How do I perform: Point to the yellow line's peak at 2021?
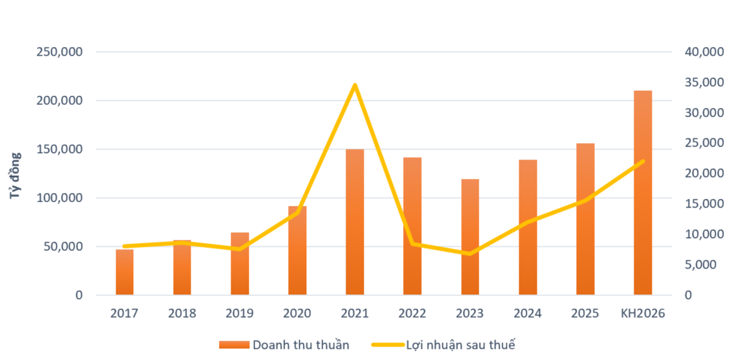[354, 86]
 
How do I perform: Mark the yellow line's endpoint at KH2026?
[642, 161]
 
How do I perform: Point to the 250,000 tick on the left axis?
[59, 52]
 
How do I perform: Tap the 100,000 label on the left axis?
[59, 198]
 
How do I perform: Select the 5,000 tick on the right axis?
[700, 264]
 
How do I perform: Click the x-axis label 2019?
[239, 314]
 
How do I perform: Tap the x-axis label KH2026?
[642, 314]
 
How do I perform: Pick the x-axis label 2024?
[527, 314]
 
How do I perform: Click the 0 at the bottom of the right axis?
[689, 295]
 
